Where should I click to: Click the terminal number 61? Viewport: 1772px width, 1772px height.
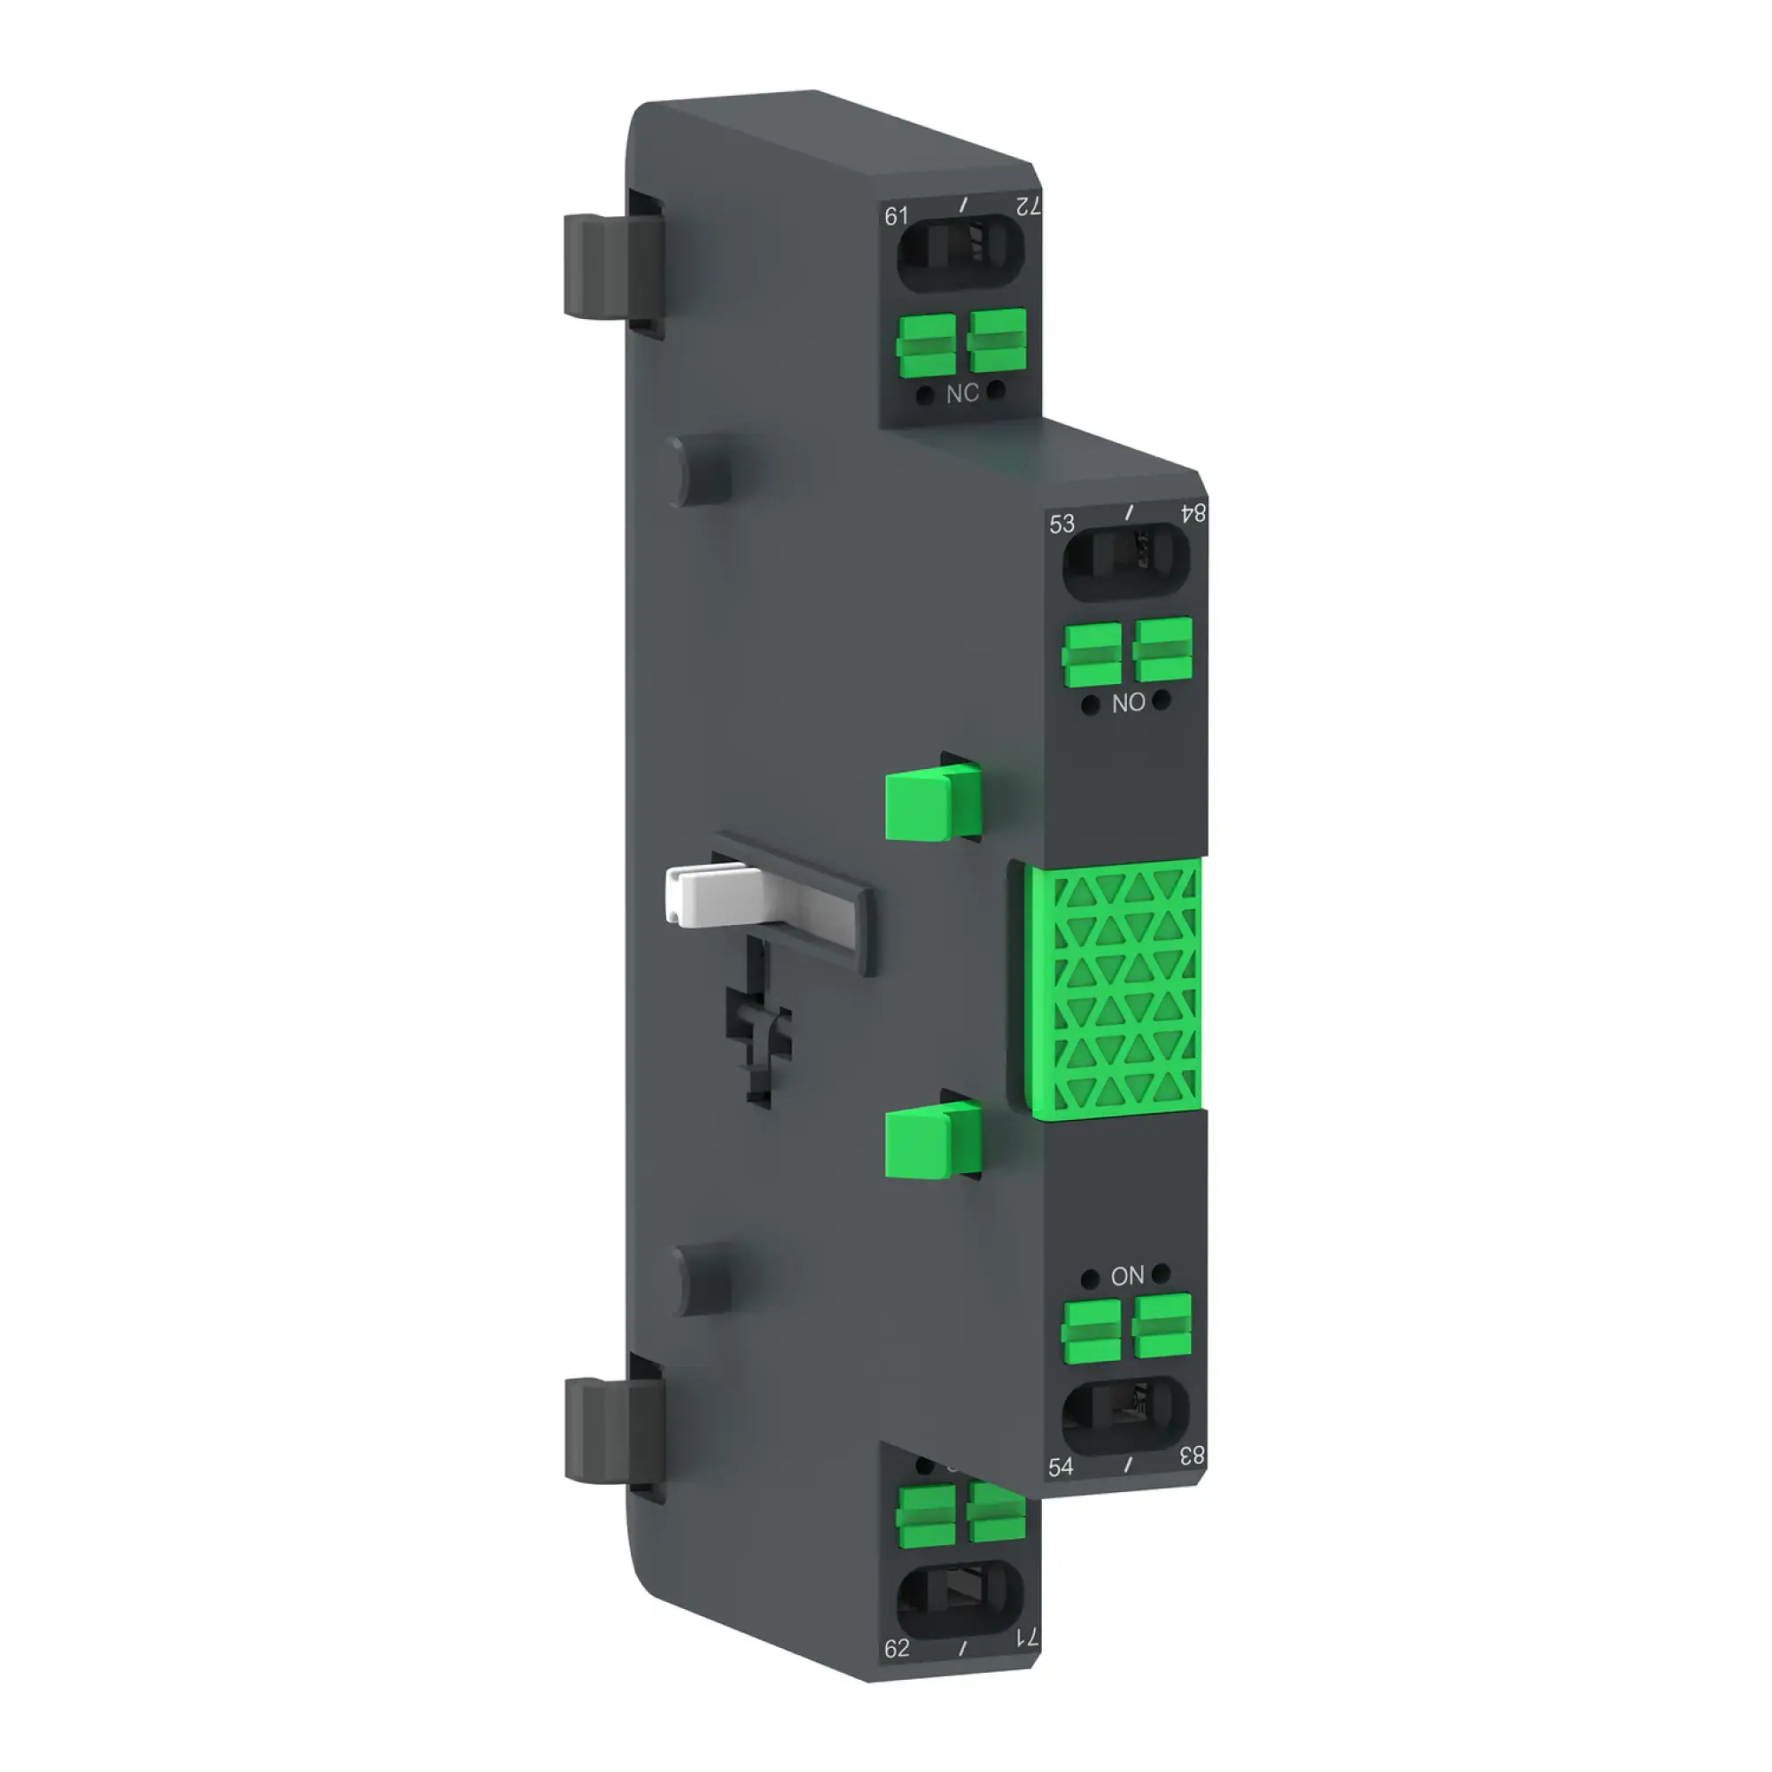(895, 215)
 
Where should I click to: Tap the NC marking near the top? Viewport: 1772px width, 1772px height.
(962, 393)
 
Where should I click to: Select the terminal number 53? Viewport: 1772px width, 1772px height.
(1061, 524)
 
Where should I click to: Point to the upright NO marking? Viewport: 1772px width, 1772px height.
(1128, 703)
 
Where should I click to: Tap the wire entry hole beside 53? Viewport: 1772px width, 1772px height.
(1125, 561)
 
